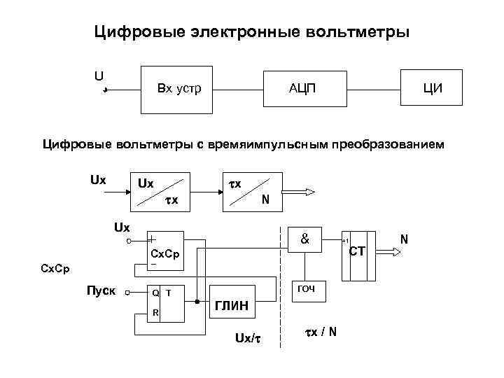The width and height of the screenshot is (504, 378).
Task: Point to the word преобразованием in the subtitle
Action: click(x=382, y=145)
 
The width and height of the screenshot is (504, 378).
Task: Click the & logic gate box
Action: click(x=305, y=239)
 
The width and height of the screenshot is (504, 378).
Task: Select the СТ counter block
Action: click(x=358, y=249)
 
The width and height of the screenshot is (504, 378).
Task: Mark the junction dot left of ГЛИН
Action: click(x=197, y=301)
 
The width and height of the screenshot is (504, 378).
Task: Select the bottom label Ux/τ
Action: click(x=248, y=339)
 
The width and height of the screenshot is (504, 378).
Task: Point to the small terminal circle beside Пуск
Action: click(x=127, y=294)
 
